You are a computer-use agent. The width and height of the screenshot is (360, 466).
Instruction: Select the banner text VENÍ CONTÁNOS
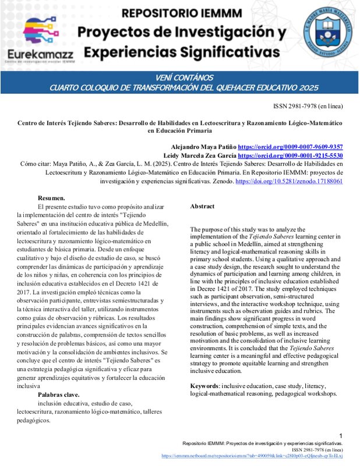pos(181,77)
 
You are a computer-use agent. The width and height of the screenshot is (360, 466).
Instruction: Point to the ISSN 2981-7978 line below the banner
pos(308,107)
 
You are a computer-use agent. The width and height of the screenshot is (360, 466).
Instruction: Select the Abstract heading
pos(202,206)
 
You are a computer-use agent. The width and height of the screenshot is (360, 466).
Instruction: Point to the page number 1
pos(341,436)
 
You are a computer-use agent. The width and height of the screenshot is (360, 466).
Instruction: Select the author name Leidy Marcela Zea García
pos(193,156)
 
